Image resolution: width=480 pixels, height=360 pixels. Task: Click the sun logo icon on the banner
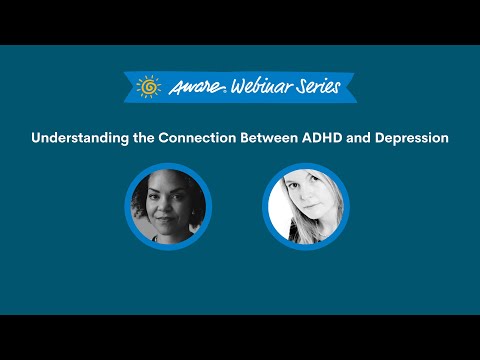coord(148,86)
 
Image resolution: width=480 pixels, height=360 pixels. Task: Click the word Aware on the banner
coord(189,86)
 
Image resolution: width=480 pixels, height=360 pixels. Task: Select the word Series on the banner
coord(314,86)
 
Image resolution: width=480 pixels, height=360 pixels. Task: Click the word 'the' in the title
coord(143,137)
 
